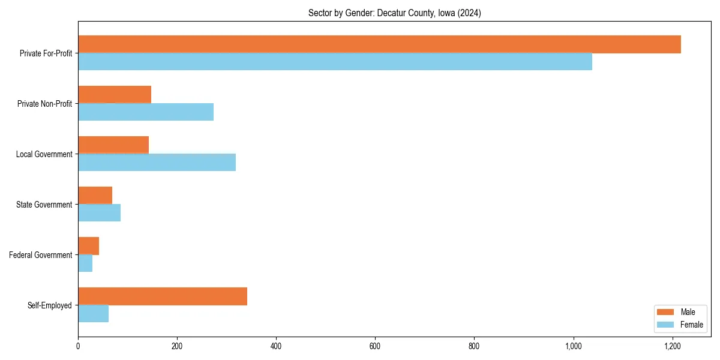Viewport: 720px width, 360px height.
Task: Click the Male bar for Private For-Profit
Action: click(379, 44)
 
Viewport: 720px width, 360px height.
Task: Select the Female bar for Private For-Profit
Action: click(335, 62)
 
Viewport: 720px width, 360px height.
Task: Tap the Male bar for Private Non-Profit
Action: click(115, 95)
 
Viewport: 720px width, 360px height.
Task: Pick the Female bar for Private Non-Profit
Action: click(146, 112)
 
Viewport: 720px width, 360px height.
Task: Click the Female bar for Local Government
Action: click(157, 163)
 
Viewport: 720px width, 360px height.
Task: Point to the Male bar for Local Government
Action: click(113, 145)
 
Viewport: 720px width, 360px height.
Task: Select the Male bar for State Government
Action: click(95, 196)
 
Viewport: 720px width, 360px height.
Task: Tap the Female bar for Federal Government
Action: click(85, 263)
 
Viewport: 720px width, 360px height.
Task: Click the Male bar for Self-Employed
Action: click(163, 296)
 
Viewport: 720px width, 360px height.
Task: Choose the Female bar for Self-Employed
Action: click(93, 314)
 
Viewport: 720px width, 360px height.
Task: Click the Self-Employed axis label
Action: click(49, 305)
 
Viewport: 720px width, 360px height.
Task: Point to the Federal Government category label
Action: click(40, 255)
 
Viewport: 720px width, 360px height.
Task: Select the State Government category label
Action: click(44, 205)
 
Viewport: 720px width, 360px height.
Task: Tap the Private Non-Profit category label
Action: click(44, 104)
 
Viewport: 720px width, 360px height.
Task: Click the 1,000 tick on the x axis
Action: click(574, 346)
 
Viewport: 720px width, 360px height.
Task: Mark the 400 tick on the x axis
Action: click(276, 346)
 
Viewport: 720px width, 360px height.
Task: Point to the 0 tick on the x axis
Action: click(78, 346)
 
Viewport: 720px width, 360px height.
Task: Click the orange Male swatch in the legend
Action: click(666, 312)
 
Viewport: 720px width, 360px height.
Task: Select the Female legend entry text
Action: click(691, 325)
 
